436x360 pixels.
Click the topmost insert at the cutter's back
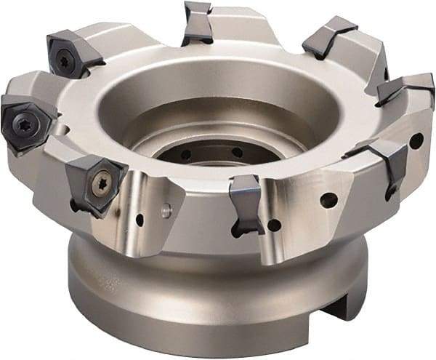(x=197, y=21)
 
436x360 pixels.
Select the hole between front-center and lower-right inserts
(x=328, y=199)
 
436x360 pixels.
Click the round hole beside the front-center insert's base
(x=274, y=225)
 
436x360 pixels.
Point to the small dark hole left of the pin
(x=140, y=217)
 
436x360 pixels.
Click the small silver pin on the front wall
(x=165, y=212)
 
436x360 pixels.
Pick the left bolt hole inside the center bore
(x=187, y=154)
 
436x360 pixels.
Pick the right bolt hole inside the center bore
(x=237, y=152)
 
